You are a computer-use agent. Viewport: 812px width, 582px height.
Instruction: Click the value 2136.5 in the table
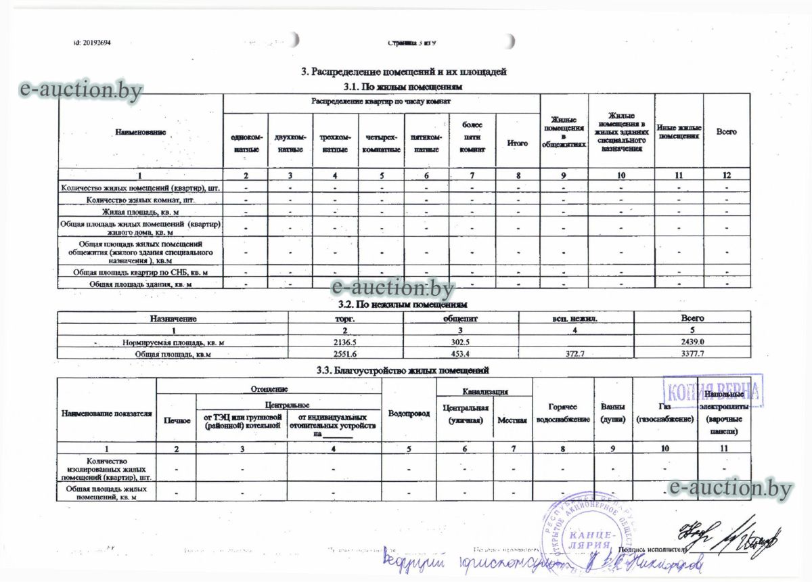[x=345, y=342]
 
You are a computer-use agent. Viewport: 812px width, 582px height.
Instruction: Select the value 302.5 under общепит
[x=460, y=342]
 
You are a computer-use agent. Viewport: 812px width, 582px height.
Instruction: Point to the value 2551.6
[x=345, y=353]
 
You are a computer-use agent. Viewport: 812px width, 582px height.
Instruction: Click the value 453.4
[x=460, y=353]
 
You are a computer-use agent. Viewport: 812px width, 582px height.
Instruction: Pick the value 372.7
[x=574, y=353]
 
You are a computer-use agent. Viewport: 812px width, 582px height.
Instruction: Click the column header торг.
[x=345, y=317]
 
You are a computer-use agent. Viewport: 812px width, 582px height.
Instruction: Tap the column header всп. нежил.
[x=575, y=317]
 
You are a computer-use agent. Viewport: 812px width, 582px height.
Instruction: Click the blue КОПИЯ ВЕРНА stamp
[x=713, y=390]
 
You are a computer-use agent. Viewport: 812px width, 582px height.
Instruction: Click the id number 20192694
[x=92, y=43]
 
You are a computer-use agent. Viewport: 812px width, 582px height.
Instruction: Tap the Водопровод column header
[x=409, y=413]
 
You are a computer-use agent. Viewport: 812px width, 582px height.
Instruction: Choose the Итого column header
[x=518, y=143]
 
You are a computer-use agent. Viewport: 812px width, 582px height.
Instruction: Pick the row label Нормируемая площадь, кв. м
[x=173, y=342]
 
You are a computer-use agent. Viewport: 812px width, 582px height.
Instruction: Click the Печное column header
[x=176, y=420]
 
